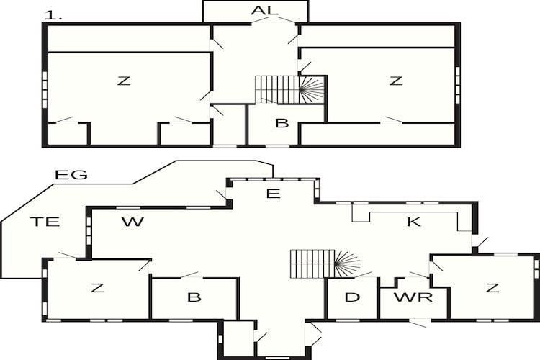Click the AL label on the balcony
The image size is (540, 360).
264,10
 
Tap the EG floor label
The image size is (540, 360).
71,175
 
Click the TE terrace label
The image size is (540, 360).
45,222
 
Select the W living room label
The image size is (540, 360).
132,222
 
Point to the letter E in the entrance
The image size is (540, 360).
274,194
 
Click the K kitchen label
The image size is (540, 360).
413,222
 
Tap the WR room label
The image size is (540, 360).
413,297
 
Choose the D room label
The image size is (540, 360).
352,297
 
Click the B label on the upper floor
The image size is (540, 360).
282,123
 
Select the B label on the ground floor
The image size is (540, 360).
194,297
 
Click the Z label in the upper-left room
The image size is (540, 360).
124,81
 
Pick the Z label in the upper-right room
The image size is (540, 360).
396,81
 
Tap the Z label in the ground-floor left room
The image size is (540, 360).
97,288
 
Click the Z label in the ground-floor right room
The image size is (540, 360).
492,288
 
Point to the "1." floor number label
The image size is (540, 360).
53,16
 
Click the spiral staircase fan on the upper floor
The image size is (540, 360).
312,89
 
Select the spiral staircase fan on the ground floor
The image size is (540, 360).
347,264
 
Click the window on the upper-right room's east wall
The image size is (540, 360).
457,85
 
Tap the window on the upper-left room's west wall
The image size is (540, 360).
45,89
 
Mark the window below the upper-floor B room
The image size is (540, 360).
278,146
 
